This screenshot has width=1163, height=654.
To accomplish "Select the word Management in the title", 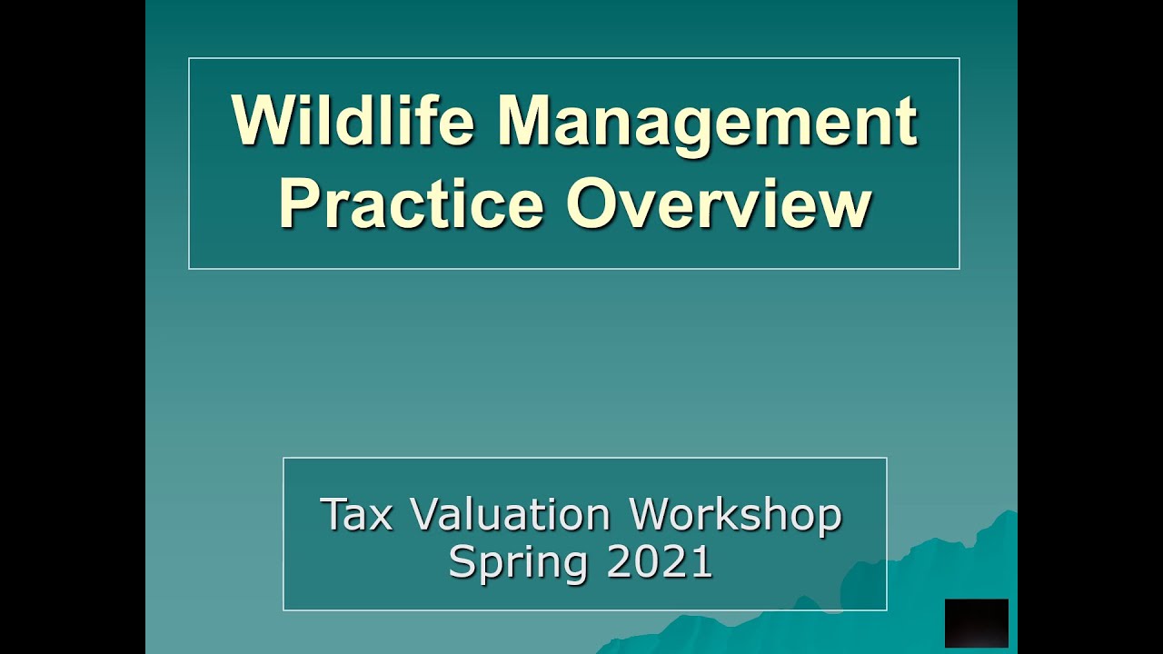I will click(x=707, y=122).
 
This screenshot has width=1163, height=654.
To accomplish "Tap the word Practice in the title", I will click(x=411, y=204).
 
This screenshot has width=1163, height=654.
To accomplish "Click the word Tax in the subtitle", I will click(x=356, y=515).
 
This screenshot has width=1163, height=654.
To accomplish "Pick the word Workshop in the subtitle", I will click(x=736, y=515).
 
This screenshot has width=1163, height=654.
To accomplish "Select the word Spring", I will click(x=521, y=562).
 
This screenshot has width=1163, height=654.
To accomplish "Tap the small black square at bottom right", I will click(x=976, y=623).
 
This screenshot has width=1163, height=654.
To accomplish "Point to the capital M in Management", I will click(x=528, y=122).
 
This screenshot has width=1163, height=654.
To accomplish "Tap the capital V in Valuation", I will click(x=424, y=515).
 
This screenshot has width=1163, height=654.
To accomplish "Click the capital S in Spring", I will click(x=462, y=562).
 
